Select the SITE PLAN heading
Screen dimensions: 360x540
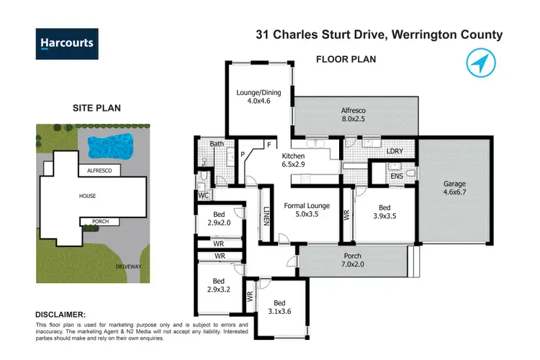(x=96, y=108)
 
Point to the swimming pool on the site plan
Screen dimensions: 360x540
(x=111, y=145)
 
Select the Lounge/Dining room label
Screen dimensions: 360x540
(x=260, y=96)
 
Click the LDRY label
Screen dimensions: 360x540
(x=394, y=151)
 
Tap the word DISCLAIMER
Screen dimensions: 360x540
(x=60, y=315)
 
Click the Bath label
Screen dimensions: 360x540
(x=217, y=144)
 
